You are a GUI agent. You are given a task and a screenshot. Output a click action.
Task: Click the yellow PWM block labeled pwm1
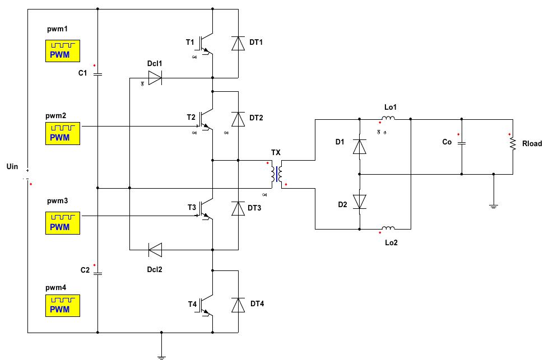(62, 50)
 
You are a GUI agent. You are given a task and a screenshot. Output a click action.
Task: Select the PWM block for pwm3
(62, 222)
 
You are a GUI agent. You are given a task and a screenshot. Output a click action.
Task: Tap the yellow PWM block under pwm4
(62, 305)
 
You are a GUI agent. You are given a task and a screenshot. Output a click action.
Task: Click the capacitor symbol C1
(97, 73)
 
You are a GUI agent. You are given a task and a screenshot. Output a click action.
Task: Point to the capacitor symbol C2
(97, 273)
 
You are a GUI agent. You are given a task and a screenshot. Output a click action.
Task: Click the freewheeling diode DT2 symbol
(238, 119)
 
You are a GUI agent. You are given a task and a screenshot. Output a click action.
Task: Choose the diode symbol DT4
(238, 305)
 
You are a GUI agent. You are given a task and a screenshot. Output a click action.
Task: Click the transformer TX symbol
(276, 175)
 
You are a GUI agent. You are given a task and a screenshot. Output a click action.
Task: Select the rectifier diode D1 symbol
(359, 146)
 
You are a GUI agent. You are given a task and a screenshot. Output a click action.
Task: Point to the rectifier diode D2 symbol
(359, 202)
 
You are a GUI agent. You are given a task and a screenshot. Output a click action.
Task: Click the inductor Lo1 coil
(388, 118)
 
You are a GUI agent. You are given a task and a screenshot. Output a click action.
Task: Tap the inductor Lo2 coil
(388, 228)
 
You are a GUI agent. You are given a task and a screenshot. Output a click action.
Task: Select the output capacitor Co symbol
(462, 143)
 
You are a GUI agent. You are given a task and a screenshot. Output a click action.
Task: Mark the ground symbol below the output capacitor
(493, 206)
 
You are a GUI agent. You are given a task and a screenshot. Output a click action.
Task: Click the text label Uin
(12, 166)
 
